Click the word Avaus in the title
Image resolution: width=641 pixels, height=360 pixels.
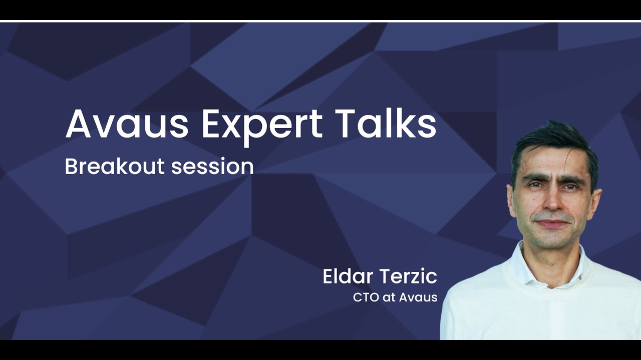click(127, 123)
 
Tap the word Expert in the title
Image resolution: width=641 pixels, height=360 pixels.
click(262, 123)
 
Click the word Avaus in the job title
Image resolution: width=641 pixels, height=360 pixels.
click(419, 297)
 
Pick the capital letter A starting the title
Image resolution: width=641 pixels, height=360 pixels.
click(79, 123)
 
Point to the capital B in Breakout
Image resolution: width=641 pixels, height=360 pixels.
click(71, 166)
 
